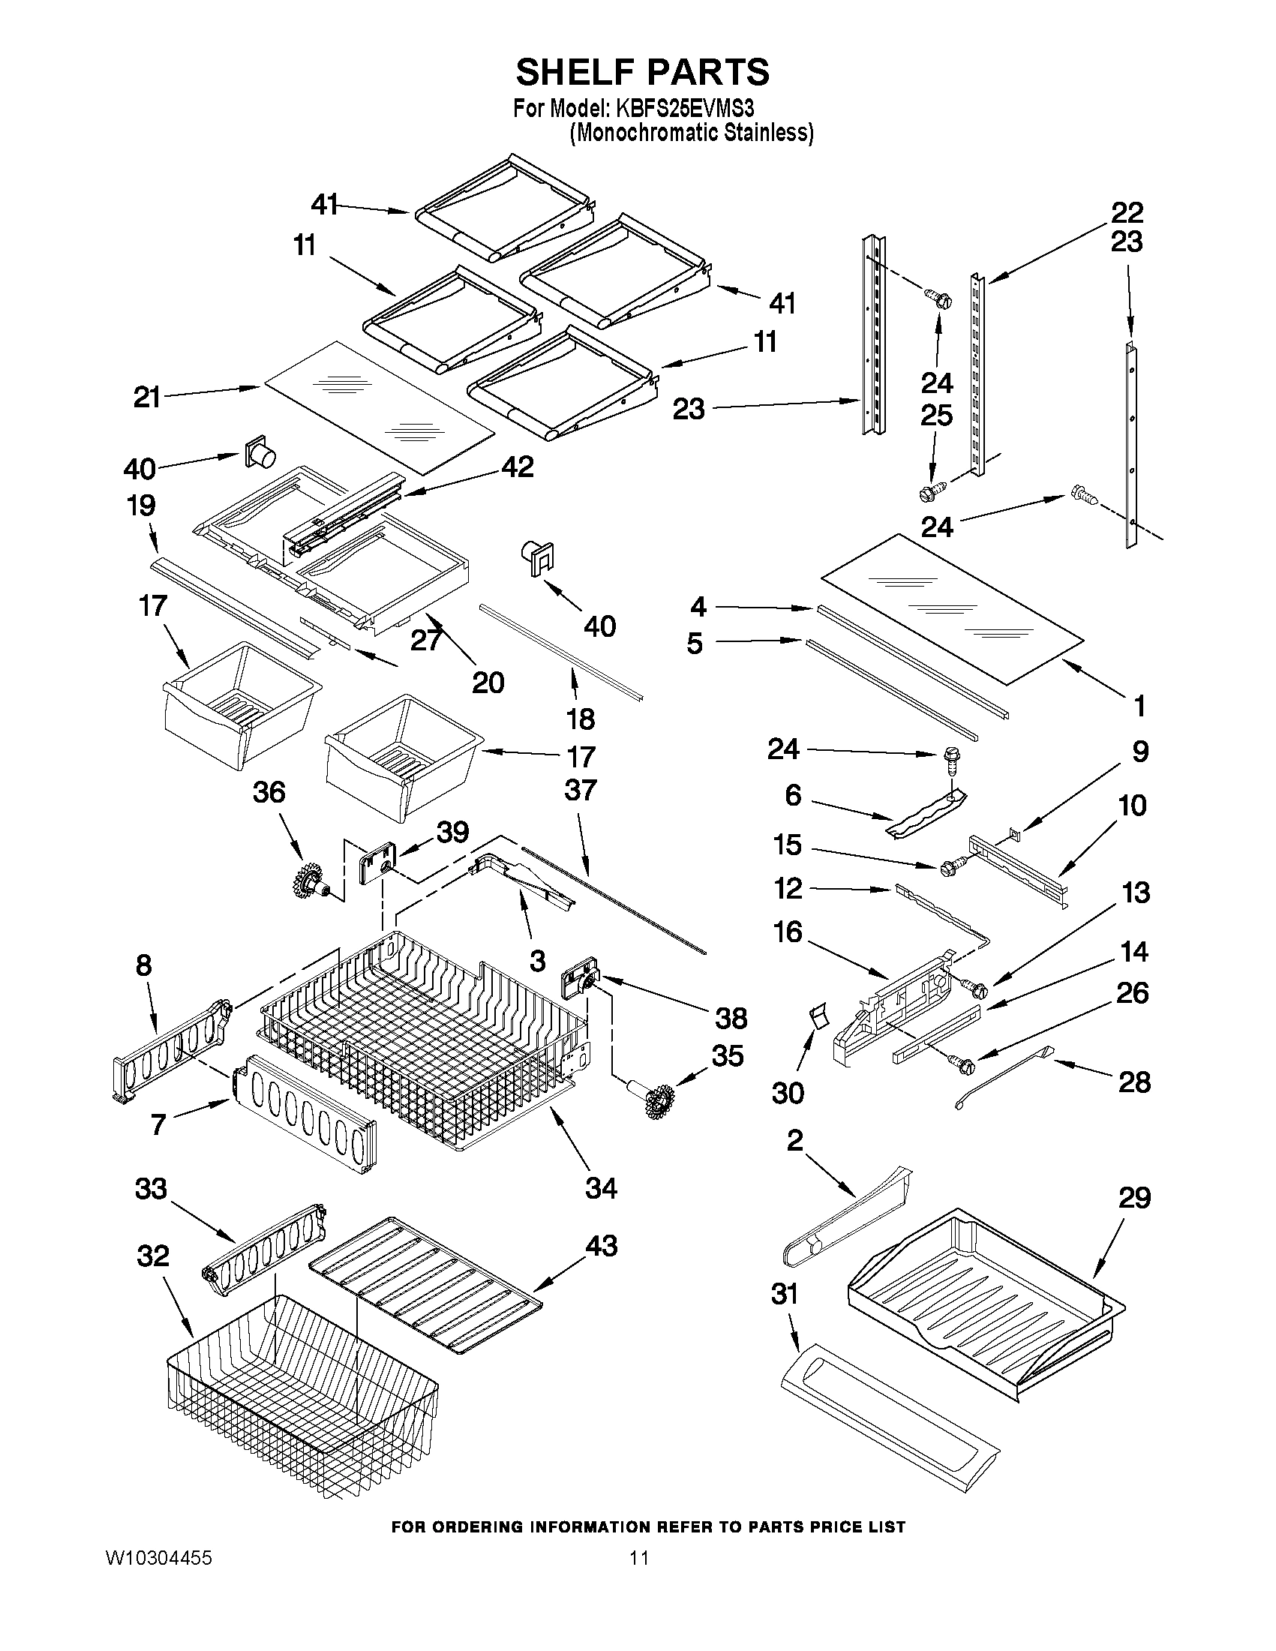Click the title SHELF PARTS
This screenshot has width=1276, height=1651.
(x=642, y=73)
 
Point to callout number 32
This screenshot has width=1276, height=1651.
(x=153, y=1256)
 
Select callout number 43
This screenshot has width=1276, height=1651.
(x=602, y=1245)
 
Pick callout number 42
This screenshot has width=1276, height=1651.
(x=517, y=467)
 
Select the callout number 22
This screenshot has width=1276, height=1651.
(x=1126, y=212)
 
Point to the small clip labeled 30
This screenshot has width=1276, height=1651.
(x=816, y=1015)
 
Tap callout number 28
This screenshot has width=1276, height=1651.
(x=1134, y=1082)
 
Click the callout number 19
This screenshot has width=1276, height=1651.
(x=141, y=505)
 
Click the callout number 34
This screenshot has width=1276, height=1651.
(x=601, y=1187)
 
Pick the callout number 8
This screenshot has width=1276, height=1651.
(x=143, y=965)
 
